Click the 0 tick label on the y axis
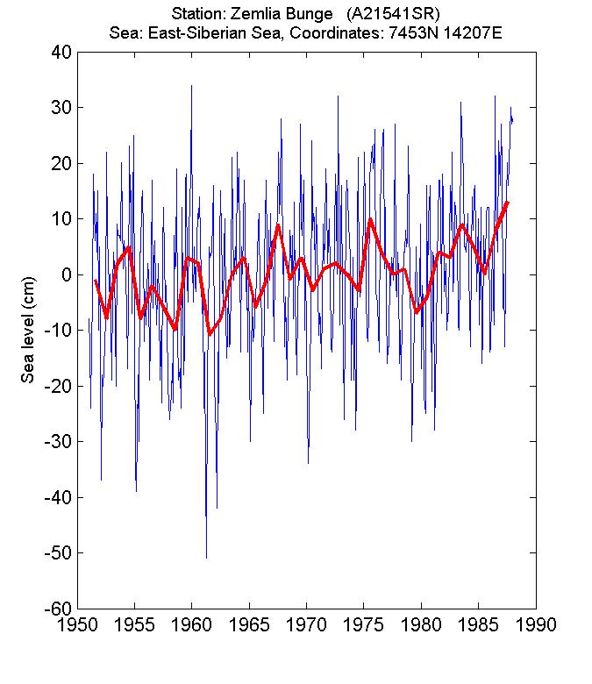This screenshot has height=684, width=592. (x=65, y=274)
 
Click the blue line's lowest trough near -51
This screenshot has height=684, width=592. (x=206, y=557)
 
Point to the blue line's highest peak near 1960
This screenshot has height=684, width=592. (x=191, y=86)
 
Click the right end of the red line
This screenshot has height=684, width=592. (x=508, y=203)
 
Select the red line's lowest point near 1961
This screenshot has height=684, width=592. (x=210, y=334)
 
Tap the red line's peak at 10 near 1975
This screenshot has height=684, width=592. (x=370, y=219)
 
